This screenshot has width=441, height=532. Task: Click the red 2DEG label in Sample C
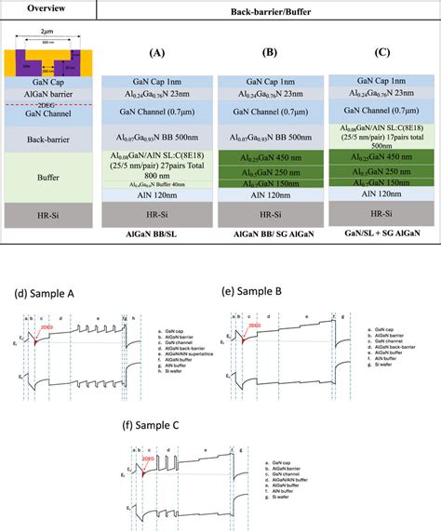point(145,459)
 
